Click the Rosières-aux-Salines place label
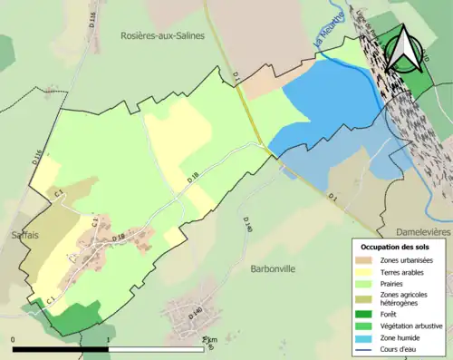click(163, 34)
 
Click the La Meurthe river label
click(327, 32)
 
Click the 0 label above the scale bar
click(13, 341)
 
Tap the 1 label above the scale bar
click(109, 341)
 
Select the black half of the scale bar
click(61, 349)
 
